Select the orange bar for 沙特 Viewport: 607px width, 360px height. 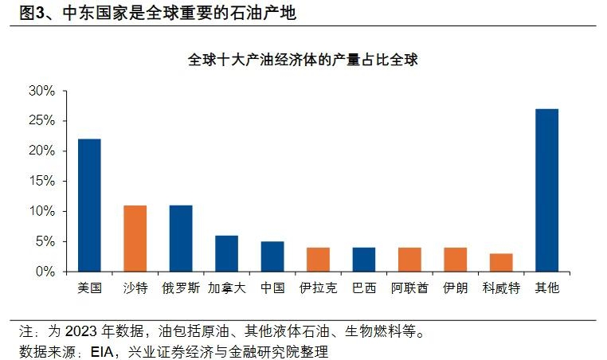point(135,238)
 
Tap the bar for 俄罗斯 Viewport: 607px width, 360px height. point(181,238)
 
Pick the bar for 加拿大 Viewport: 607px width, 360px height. point(226,253)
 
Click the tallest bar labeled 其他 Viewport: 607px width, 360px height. point(546,190)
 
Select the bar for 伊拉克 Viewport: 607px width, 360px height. point(318,260)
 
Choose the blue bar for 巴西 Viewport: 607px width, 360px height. point(363,260)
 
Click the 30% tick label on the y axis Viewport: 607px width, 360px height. point(41,91)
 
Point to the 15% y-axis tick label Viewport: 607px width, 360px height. point(41,181)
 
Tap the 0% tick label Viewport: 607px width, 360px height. point(45,272)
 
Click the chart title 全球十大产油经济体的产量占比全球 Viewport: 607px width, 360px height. point(303,60)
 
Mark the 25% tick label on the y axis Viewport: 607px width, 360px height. point(41,121)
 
